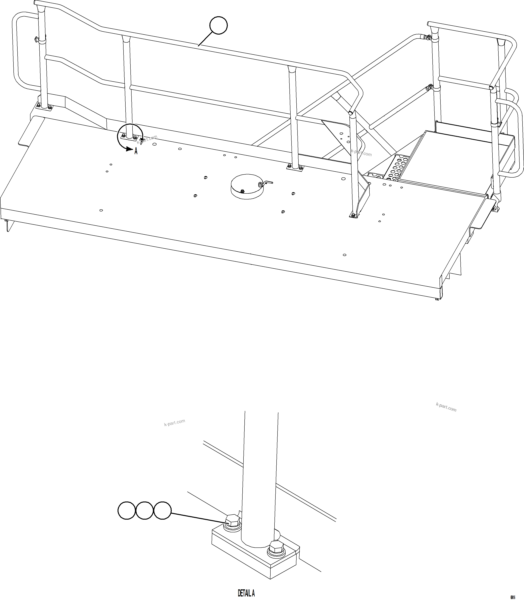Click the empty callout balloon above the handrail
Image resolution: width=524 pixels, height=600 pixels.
pyautogui.click(x=218, y=25)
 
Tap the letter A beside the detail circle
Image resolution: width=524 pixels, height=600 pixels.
pyautogui.click(x=136, y=151)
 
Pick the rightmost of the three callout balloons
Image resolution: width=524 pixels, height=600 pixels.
pyautogui.click(x=162, y=510)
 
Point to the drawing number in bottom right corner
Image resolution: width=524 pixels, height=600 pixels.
pyautogui.click(x=513, y=595)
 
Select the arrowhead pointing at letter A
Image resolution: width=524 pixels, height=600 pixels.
pyautogui.click(x=129, y=149)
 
